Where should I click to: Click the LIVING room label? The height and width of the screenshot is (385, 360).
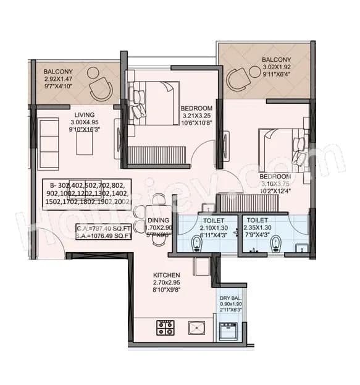click(85, 114)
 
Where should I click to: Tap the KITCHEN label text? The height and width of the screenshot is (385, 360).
click(166, 275)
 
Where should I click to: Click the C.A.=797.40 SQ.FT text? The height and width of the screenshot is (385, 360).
click(104, 227)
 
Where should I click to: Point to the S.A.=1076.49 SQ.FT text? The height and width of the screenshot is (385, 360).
click(104, 235)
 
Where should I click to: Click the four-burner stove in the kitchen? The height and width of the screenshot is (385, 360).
click(165, 327)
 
